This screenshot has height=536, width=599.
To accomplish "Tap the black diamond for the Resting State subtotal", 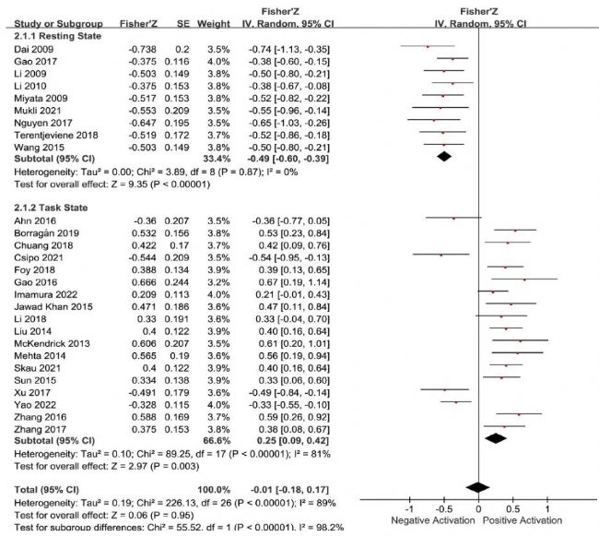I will pyautogui.click(x=444, y=156).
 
